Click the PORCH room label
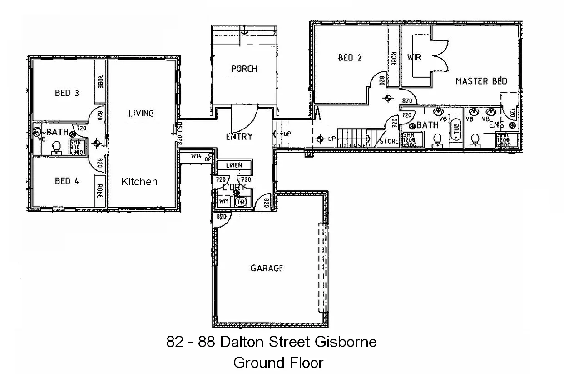coord(244,69)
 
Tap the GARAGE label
coord(267,268)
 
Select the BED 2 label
coord(350,58)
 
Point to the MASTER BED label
coord(481,81)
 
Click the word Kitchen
coord(139,182)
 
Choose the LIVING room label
coord(141,113)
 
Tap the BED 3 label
coord(67,93)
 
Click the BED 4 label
coord(67,181)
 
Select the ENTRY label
coord(239,136)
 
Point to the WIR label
coord(414,58)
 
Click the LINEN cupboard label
coord(234,165)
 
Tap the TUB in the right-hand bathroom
coord(455,129)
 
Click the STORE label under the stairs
coord(389,141)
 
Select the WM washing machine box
coord(224,201)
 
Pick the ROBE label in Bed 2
coord(393,58)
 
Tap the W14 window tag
coord(196,156)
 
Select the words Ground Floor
coord(278,363)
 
